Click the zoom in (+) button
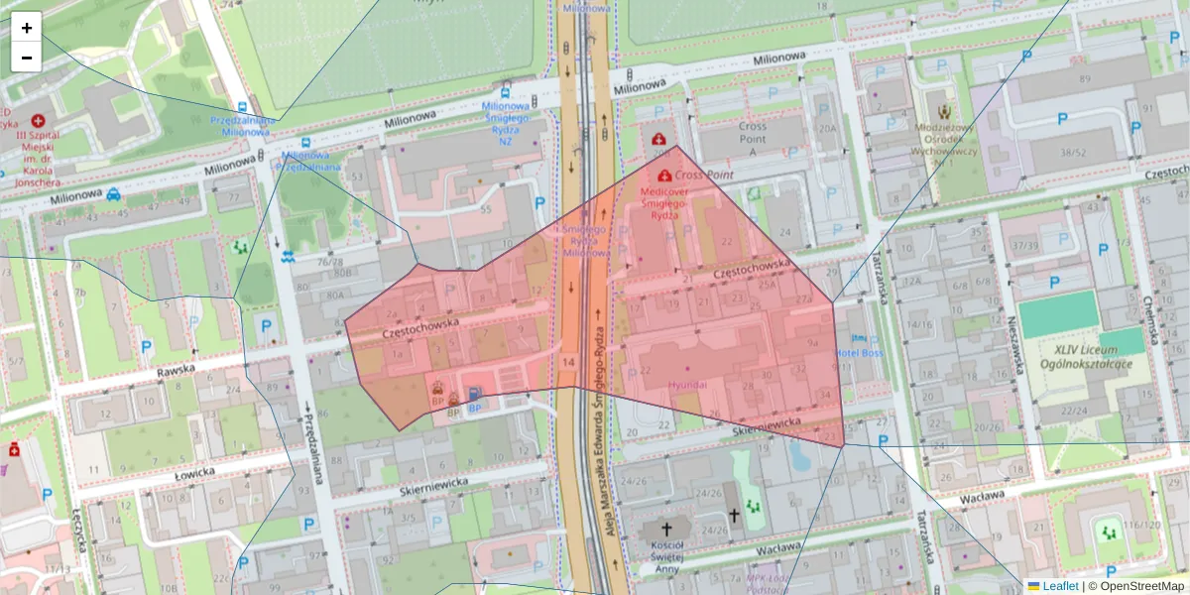click(x=27, y=28)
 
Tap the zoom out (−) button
click(x=27, y=58)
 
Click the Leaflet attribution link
click(x=1052, y=586)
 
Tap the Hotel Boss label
click(x=859, y=353)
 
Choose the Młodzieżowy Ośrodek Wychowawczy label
click(x=945, y=144)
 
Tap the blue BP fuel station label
click(x=475, y=408)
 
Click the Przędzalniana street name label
click(x=316, y=446)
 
